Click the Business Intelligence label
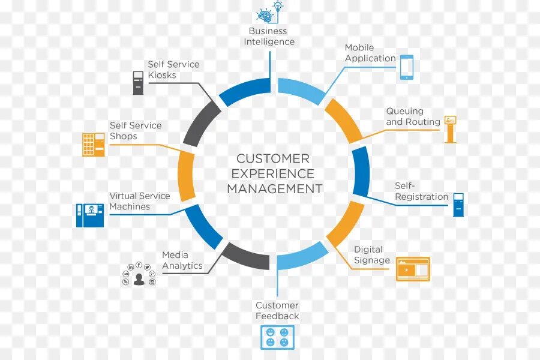269,37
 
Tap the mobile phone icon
407,67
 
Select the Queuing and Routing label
413,116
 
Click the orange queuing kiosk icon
450,129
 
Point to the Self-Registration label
421,191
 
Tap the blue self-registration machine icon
458,205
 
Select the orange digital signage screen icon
413,269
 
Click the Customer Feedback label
277,311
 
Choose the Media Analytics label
182,260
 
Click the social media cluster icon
139,274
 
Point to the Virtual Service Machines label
139,201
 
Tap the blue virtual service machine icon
90,215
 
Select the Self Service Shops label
135,131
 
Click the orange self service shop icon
93,145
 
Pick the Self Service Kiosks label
173,70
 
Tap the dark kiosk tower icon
139,83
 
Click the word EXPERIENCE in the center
272,173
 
